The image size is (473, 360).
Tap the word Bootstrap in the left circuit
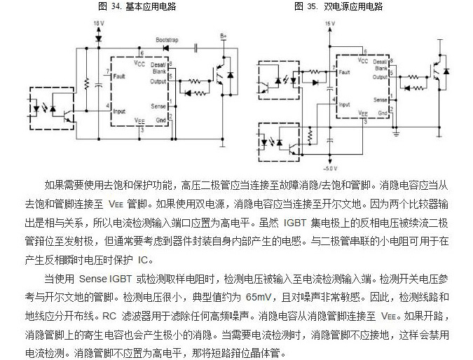click(166, 40)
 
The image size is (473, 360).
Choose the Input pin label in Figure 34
click(120, 111)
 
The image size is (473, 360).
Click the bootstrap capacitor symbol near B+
click(197, 47)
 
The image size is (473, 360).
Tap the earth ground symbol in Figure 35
click(396, 132)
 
